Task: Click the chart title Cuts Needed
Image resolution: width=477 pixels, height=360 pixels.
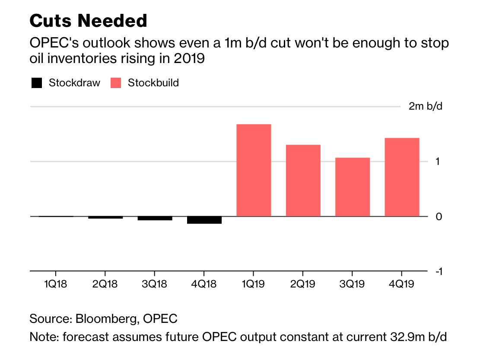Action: tap(88, 21)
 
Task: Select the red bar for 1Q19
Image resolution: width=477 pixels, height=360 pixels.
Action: tap(254, 170)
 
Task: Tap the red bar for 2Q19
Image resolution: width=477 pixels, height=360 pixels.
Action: tap(303, 180)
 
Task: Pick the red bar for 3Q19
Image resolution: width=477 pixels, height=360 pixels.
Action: tap(353, 187)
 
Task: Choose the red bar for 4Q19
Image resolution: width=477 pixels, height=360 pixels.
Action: tap(402, 177)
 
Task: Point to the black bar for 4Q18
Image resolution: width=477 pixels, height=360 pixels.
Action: tap(204, 220)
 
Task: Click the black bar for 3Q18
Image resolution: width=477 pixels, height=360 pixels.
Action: tap(155, 218)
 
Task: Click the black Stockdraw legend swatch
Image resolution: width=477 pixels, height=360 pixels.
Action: tap(37, 83)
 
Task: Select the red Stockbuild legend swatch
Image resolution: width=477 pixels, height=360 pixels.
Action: tap(116, 83)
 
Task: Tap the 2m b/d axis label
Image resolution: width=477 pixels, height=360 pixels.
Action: tap(426, 106)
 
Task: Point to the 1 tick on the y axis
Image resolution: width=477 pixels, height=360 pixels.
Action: tap(438, 161)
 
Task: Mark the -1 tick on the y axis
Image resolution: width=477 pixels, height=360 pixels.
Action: tap(438, 272)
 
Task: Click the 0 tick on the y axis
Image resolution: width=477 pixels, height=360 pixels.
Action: tap(438, 216)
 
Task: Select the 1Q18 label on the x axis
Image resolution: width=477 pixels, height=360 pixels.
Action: tap(56, 284)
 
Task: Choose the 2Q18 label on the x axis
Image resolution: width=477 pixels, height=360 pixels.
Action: tap(105, 284)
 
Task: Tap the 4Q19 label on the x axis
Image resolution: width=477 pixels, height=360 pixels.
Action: tap(402, 284)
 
